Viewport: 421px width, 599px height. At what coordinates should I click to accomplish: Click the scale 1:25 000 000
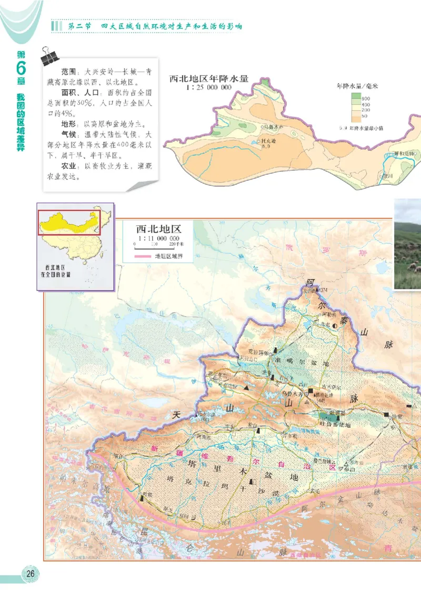[208, 88]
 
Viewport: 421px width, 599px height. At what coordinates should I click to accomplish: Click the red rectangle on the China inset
[68, 222]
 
